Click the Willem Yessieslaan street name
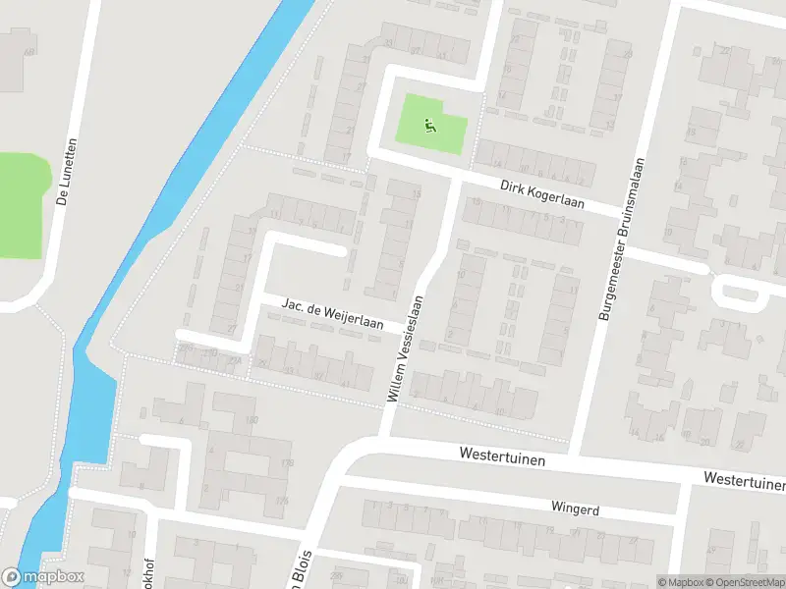[406, 348]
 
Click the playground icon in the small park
[429, 125]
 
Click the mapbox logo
[43, 577]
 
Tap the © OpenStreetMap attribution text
[748, 582]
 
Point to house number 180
[252, 420]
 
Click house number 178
[286, 462]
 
